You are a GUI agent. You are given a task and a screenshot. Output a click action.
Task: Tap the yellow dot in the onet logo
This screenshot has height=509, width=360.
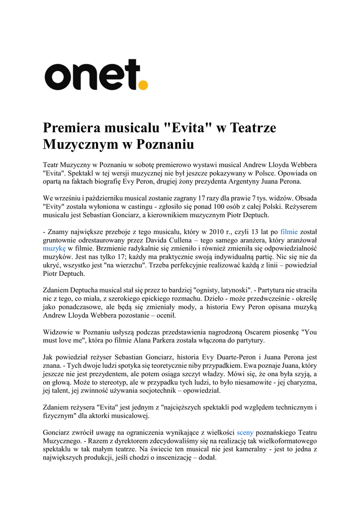click(143, 85)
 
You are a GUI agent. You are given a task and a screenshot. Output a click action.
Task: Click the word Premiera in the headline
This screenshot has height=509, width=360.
click(72, 128)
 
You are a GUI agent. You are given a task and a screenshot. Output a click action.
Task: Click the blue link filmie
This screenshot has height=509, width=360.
click(289, 231)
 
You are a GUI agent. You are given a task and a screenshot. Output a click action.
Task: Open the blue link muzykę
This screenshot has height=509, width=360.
click(54, 248)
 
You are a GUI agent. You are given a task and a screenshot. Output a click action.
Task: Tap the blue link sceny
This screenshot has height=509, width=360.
click(246, 432)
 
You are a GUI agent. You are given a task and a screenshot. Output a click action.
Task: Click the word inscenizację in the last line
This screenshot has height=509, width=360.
click(172, 458)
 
